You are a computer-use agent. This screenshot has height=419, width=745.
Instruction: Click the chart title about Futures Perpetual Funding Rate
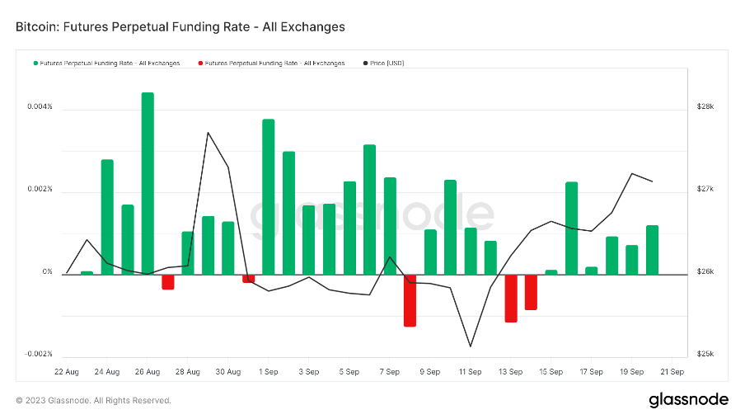tap(180, 27)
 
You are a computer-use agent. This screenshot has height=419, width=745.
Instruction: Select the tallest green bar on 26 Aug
tap(148, 183)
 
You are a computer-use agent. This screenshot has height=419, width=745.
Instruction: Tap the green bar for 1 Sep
tap(269, 196)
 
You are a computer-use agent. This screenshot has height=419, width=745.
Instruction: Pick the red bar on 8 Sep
tap(410, 300)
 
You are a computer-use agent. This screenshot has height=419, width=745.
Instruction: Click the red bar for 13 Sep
tap(511, 298)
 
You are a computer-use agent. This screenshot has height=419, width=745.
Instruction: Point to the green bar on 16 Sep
tap(571, 228)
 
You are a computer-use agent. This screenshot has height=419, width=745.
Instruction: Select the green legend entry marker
tap(35, 63)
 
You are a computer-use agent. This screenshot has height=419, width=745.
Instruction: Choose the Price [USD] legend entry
tap(387, 63)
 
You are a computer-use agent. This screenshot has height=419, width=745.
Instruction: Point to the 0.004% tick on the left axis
tap(39, 107)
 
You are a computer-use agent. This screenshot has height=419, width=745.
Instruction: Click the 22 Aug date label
tap(67, 372)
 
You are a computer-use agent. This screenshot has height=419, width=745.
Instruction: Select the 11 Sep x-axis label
tap(470, 372)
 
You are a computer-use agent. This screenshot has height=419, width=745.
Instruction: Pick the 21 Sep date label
tap(672, 372)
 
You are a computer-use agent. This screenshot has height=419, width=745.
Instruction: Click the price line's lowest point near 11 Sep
tap(471, 346)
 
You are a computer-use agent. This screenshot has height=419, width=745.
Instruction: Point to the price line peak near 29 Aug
tap(208, 133)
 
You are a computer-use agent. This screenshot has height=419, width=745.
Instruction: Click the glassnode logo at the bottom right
tap(688, 400)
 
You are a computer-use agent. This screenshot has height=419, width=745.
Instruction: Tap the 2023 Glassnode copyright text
tap(93, 401)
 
